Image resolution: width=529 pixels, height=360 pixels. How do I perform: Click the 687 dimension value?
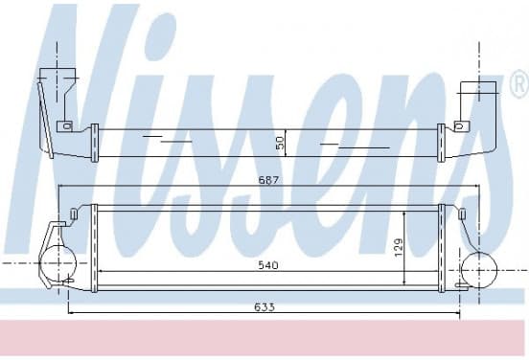point(268,180)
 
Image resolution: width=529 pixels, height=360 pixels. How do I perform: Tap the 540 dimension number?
point(268,265)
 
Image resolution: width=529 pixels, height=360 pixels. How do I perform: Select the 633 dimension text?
point(264,307)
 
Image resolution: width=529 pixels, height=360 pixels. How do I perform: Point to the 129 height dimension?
point(399,247)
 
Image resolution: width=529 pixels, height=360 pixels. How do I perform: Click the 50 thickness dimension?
point(281,143)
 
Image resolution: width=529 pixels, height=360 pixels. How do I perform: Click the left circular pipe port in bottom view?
point(58,263)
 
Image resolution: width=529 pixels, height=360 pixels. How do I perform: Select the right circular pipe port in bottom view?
point(479,270)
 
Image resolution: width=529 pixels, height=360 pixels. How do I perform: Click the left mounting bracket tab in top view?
point(64,126)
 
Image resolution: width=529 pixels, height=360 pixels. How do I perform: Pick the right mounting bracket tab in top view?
point(462,126)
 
